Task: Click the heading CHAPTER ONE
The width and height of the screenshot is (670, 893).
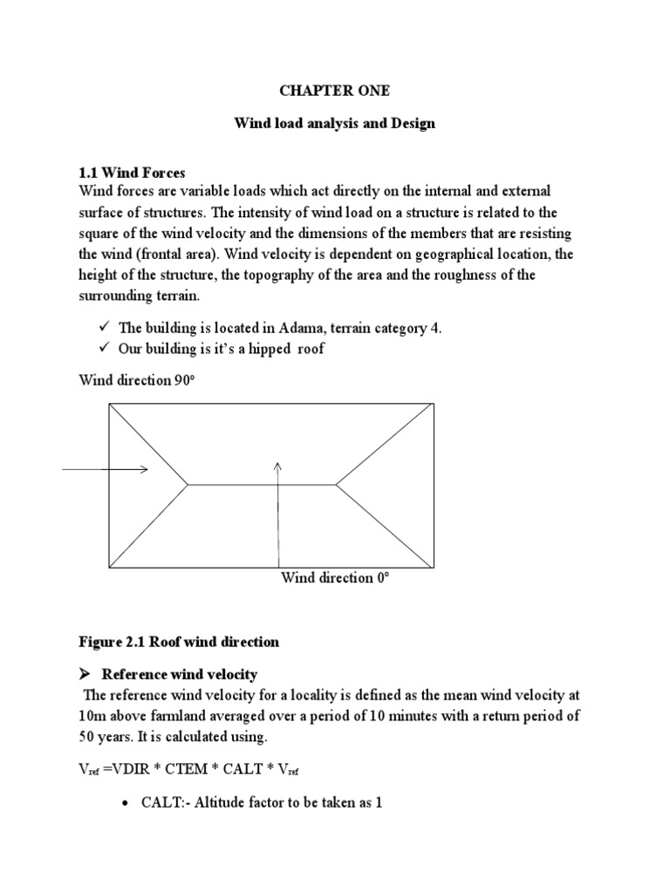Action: [334, 91]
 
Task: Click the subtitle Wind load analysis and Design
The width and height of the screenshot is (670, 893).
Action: [334, 124]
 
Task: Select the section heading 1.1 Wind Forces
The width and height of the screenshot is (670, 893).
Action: [132, 173]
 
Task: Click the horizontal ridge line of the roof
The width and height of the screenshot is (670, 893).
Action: [262, 483]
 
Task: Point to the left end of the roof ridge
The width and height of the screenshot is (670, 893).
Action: [188, 483]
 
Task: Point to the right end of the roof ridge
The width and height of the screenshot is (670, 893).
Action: [336, 483]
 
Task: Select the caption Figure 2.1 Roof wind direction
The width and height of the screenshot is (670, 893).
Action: [179, 642]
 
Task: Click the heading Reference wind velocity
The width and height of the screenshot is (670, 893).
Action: [180, 674]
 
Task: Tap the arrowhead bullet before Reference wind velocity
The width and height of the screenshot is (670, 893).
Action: [85, 674]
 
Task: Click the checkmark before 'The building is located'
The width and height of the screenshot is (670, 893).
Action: [102, 328]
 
